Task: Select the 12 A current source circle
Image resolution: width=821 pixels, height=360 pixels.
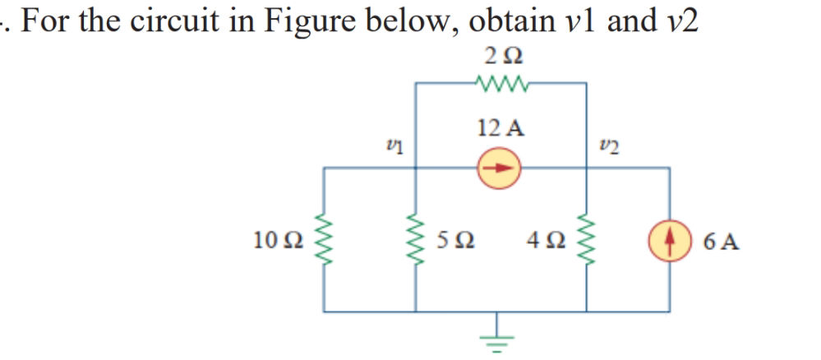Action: (x=500, y=167)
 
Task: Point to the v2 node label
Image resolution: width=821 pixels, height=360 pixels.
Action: (x=608, y=145)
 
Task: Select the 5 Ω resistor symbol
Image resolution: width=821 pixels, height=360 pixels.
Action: (x=415, y=240)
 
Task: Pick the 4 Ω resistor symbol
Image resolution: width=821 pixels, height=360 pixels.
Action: (x=585, y=240)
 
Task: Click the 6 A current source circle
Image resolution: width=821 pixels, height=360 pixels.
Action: (x=669, y=241)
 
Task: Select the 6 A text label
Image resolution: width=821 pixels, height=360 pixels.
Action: (x=722, y=242)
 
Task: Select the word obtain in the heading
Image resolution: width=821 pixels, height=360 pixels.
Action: (x=512, y=21)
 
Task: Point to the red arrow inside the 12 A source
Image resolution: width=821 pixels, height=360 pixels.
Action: (x=500, y=167)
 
